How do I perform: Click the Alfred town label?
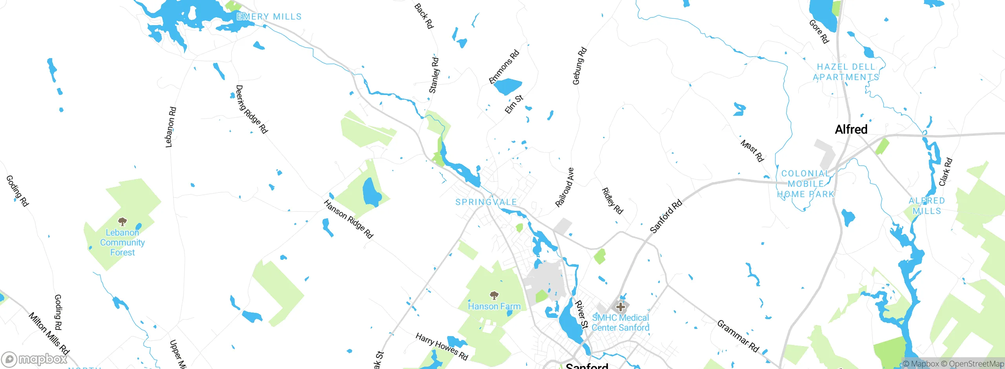(x=851, y=129)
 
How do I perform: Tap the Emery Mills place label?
(x=269, y=16)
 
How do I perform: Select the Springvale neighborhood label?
(x=486, y=202)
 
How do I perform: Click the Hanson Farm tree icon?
(x=494, y=295)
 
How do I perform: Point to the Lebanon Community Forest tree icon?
(x=122, y=222)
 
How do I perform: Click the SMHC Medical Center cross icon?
(x=620, y=307)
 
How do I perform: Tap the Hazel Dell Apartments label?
(x=846, y=72)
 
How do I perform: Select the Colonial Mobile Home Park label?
(x=805, y=184)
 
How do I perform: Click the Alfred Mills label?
(x=926, y=206)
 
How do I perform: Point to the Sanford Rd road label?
(x=666, y=217)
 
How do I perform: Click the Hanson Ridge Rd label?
(x=348, y=219)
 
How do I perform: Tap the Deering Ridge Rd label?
(x=251, y=110)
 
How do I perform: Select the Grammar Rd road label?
(x=738, y=336)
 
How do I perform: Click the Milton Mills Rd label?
(x=49, y=333)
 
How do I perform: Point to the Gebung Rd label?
(x=579, y=66)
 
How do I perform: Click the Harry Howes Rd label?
(x=442, y=347)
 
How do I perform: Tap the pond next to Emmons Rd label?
(x=507, y=86)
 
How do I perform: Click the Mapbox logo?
(x=35, y=359)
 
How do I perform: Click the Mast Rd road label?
(x=752, y=151)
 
